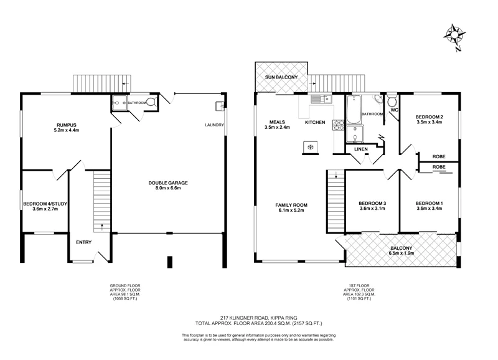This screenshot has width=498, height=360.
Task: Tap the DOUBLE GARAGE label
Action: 168,182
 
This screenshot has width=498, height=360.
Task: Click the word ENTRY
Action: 83,242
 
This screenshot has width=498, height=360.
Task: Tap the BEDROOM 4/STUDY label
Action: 45,204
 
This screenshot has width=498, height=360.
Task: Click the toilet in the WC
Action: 392,102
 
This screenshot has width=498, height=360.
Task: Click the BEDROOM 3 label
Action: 372,204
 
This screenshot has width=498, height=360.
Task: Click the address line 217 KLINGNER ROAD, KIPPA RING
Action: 248,317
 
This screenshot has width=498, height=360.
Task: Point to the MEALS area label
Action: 277,122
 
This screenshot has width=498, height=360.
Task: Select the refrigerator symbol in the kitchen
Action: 309,146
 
